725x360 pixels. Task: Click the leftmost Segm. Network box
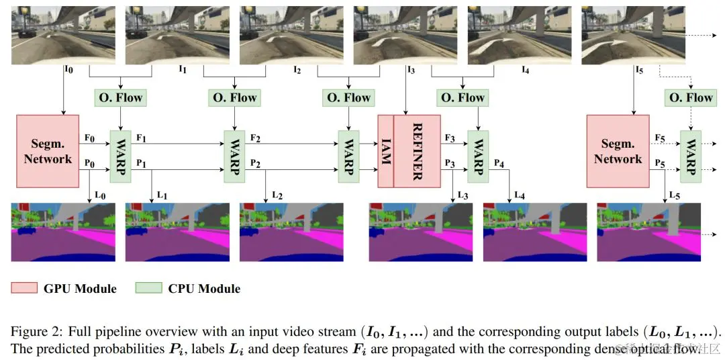click(x=47, y=151)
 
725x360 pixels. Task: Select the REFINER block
click(x=416, y=151)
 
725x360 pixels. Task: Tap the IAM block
click(x=385, y=151)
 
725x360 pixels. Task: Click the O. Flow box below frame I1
click(x=234, y=97)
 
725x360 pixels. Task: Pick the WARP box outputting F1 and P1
click(x=120, y=156)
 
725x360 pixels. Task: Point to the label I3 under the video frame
click(x=411, y=69)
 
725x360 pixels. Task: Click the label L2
click(x=277, y=195)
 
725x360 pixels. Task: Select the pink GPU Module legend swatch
click(x=24, y=289)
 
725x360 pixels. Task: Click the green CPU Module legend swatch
click(x=148, y=289)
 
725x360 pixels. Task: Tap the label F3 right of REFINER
click(x=449, y=138)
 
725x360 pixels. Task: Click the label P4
click(x=498, y=163)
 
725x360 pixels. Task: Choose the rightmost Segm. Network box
click(x=618, y=151)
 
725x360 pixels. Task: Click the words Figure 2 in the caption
click(x=32, y=332)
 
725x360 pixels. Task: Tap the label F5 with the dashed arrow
click(x=661, y=138)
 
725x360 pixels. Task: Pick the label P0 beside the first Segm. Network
click(x=89, y=163)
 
